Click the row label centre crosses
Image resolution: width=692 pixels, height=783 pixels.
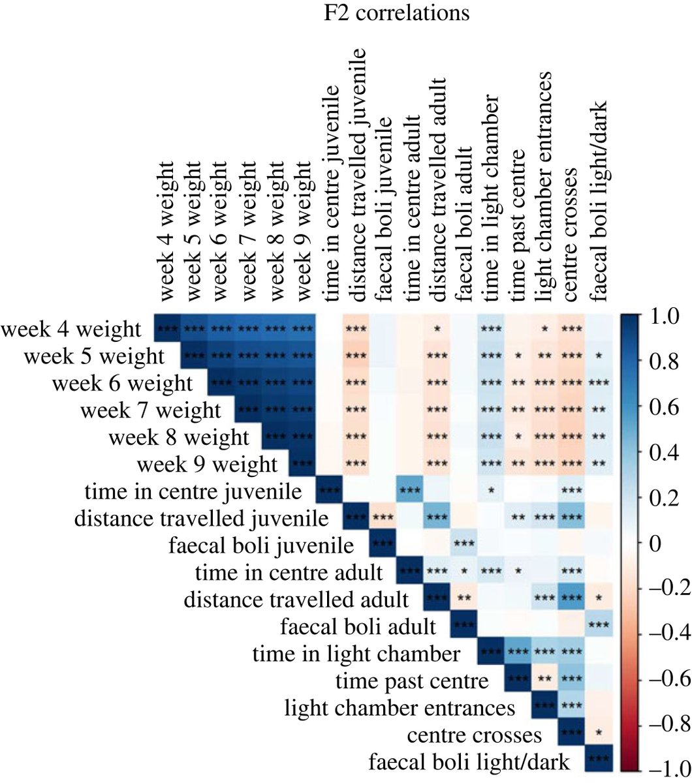[x=474, y=735]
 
